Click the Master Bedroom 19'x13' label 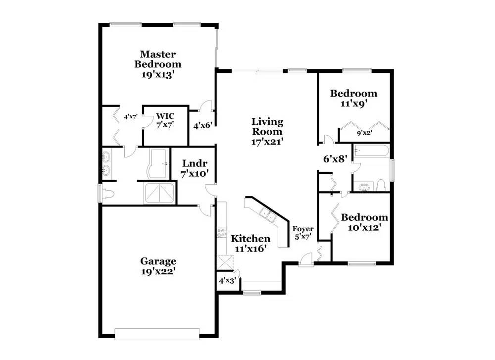point(158,64)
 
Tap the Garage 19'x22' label point(158,266)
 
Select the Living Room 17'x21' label point(267,131)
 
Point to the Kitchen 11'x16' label point(250,244)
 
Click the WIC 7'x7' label point(165,120)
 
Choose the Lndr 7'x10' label point(195,168)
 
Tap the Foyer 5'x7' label point(303,233)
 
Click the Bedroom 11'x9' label point(353,98)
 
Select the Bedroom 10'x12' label point(364,222)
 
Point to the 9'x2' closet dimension point(364,133)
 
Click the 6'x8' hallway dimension point(335,159)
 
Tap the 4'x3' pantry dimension point(227,280)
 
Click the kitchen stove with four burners point(221,233)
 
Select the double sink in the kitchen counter point(268,215)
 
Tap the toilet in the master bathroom point(107,194)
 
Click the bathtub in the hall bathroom point(371,151)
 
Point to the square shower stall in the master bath point(159,193)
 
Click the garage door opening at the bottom point(157,334)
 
